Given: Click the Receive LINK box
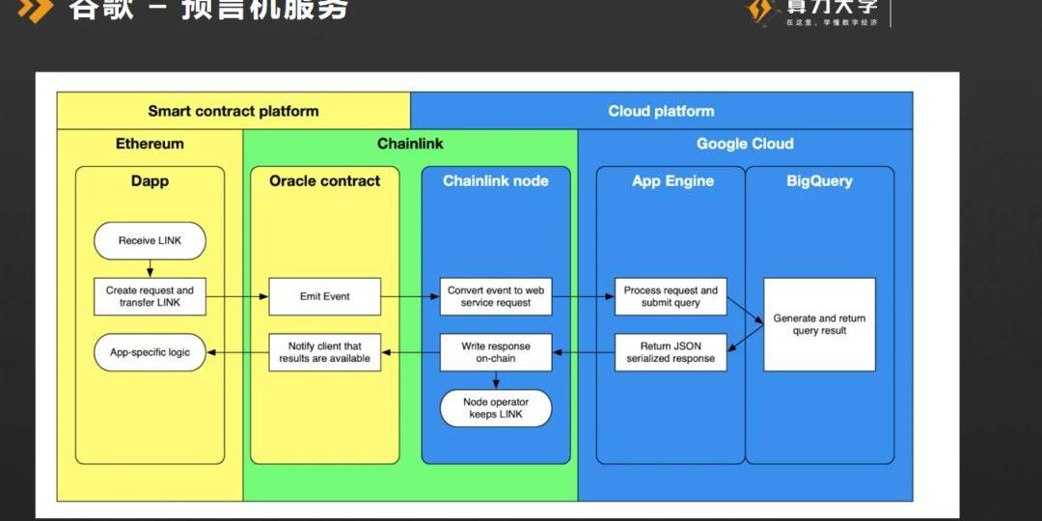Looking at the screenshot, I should (150, 241).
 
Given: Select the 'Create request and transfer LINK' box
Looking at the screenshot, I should (150, 296).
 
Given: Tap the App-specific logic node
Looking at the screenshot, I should (150, 353).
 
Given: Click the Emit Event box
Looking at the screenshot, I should (324, 296).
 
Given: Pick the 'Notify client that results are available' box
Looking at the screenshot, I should (324, 352).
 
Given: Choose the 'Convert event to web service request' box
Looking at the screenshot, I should (496, 296).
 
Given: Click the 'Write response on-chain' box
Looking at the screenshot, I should (496, 352).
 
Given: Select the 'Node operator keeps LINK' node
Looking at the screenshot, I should (496, 408).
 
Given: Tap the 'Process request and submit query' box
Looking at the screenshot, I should (671, 296).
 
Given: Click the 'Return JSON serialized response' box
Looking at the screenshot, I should (671, 352).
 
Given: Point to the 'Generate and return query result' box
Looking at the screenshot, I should (819, 324).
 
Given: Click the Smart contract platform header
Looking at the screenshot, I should (233, 111).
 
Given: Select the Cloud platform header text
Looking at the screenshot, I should (661, 111).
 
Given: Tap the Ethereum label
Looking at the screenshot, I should (150, 144).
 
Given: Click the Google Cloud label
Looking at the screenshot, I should (745, 144).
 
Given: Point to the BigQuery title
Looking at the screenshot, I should (819, 180).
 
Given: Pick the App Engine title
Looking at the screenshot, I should (672, 180).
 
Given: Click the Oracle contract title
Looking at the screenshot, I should (324, 180).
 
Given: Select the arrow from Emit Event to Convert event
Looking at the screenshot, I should (410, 296).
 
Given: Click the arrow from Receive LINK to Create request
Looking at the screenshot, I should (151, 268).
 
